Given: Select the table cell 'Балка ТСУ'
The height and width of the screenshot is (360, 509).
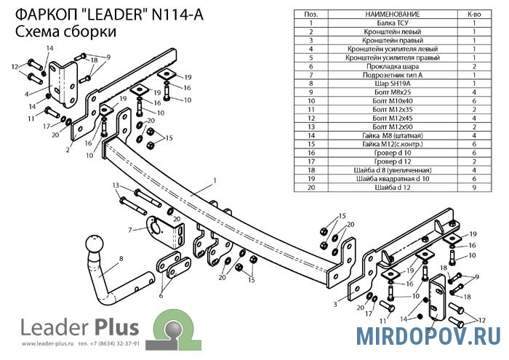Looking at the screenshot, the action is tap(393, 23).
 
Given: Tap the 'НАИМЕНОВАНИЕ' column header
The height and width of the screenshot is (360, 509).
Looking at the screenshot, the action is tap(393, 15).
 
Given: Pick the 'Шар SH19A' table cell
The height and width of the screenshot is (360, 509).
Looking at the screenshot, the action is tap(393, 84).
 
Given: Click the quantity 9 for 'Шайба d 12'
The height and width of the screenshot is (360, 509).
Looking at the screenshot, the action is tap(474, 188).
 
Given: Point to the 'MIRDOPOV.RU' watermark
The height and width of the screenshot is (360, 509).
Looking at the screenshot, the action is tap(428, 336).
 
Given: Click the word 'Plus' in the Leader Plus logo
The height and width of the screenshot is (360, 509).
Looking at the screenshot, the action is tap(117, 327).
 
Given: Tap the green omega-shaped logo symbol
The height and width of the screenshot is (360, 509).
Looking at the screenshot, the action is tap(173, 329).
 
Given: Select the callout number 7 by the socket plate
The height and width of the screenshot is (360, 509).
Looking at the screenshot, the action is tap(130, 230).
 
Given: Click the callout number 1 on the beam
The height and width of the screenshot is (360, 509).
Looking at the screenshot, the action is tap(215, 180).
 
